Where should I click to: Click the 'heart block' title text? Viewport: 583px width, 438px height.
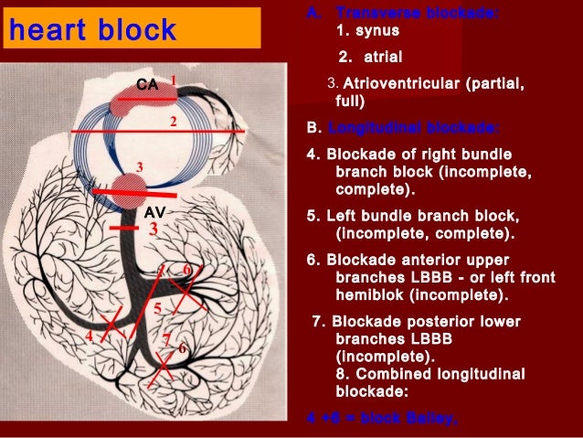pos(92,31)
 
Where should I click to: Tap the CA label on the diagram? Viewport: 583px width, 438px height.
pos(147,84)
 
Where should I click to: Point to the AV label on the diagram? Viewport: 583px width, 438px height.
pos(154,211)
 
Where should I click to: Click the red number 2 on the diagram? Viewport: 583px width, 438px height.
pos(172,121)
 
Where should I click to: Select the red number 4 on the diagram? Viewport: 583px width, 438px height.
pos(89,337)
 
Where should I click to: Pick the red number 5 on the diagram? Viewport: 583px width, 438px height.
pos(157,308)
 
